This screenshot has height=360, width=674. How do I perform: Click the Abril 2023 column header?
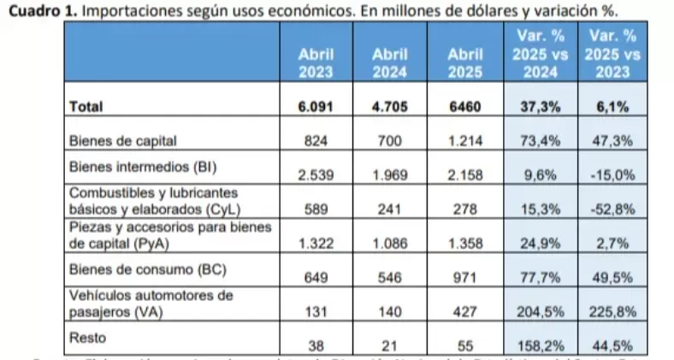click(x=316, y=62)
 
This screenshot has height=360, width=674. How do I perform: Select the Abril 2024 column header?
click(x=390, y=62)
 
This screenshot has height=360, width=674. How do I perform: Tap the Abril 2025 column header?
click(x=465, y=62)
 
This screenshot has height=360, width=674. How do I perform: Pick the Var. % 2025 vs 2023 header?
click(x=612, y=53)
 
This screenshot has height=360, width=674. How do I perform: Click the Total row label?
click(x=86, y=107)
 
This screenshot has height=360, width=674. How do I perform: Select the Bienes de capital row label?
click(x=125, y=140)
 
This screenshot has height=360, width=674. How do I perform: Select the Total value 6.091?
click(x=316, y=108)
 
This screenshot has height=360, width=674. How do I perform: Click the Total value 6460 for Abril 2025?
click(x=465, y=108)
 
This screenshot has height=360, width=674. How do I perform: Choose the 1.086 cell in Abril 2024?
click(x=390, y=244)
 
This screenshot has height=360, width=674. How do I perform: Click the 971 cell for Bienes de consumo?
click(x=465, y=278)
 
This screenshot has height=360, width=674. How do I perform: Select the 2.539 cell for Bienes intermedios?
click(x=316, y=175)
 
